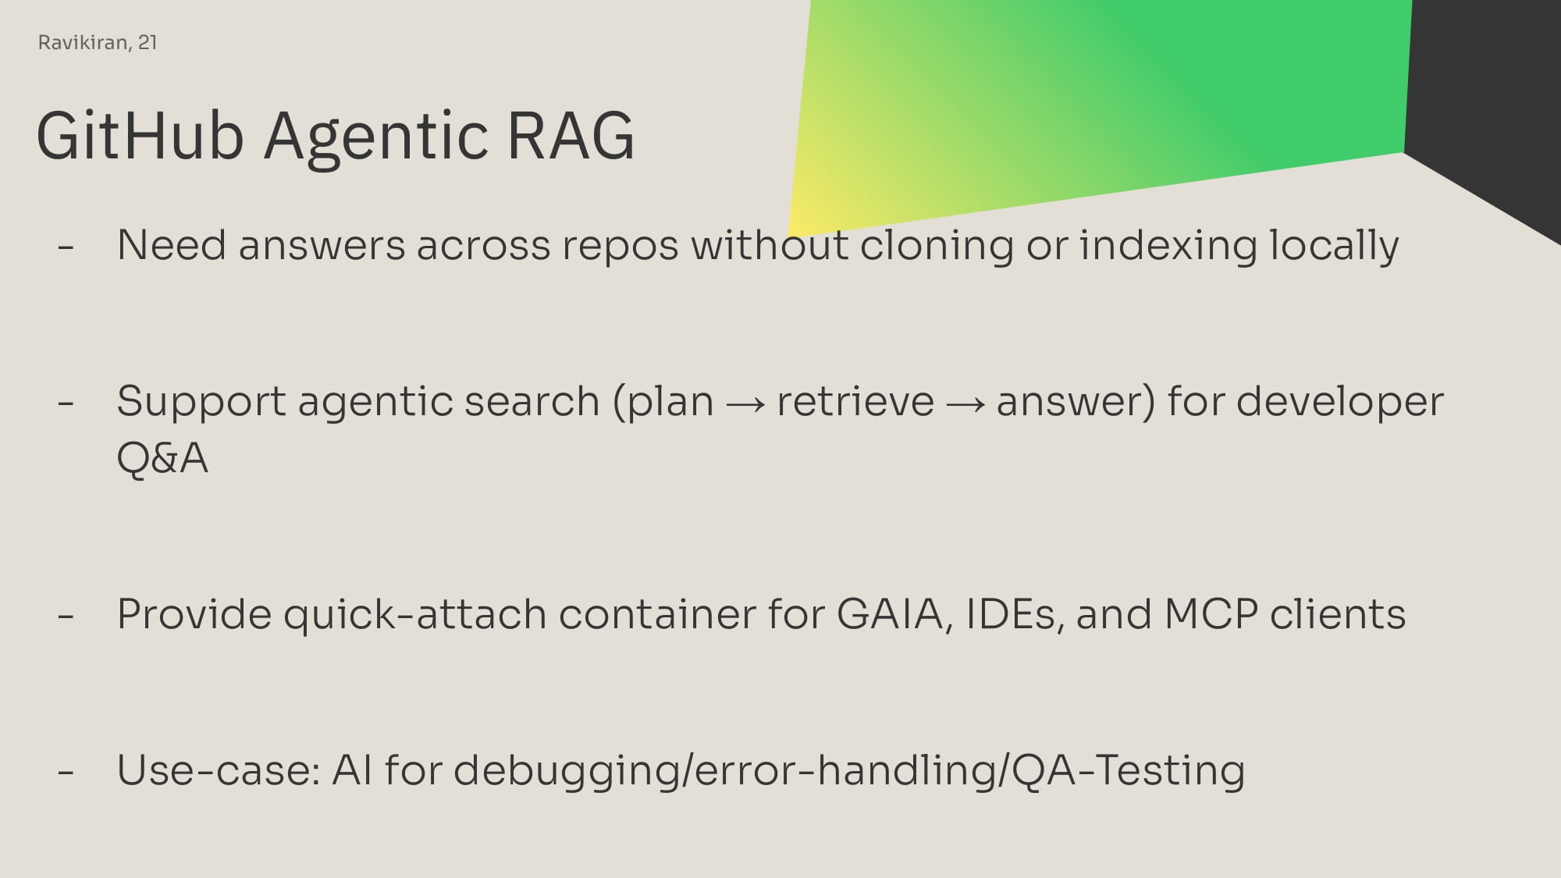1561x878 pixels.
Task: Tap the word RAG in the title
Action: (x=571, y=136)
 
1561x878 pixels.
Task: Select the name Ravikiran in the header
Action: (x=84, y=42)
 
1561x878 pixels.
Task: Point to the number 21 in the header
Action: (x=148, y=42)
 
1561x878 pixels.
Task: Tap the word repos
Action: (x=620, y=247)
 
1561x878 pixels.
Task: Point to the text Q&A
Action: (x=162, y=457)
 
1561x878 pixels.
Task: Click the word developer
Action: (x=1340, y=401)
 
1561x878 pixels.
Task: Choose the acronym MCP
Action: (x=1211, y=614)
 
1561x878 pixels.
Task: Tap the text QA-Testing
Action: (x=1128, y=771)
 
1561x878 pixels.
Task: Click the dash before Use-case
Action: (x=66, y=773)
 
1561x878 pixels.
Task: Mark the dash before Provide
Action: (x=66, y=617)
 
